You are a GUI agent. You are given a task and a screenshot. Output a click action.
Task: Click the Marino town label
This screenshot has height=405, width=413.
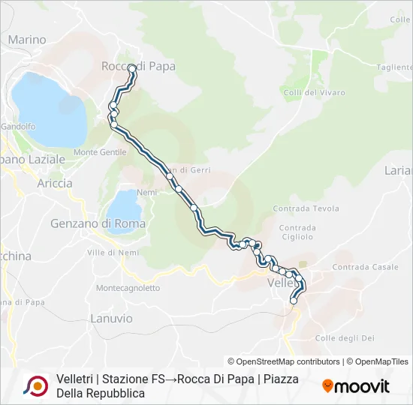pyautogui.click(x=26, y=40)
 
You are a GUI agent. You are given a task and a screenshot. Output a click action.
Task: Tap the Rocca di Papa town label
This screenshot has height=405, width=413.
pyautogui.click(x=138, y=66)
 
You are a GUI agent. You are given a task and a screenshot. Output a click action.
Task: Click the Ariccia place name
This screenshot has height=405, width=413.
pyautogui.click(x=55, y=183)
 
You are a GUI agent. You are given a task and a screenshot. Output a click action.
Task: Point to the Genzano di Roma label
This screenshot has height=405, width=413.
pyautogui.click(x=98, y=223)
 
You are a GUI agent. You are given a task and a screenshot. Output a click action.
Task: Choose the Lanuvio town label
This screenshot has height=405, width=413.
pyautogui.click(x=111, y=319)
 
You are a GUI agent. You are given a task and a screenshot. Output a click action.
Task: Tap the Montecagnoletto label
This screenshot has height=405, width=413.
pyautogui.click(x=128, y=288)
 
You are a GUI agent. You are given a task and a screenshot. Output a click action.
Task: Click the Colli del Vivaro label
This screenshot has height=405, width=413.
pyautogui.click(x=315, y=93)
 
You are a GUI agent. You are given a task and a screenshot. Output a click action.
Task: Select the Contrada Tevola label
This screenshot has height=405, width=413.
pyautogui.click(x=306, y=208)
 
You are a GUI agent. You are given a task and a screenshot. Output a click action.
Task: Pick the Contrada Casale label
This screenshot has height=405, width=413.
pyautogui.click(x=365, y=267)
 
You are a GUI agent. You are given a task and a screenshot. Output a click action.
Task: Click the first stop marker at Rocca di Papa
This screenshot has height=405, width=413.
pyautogui.click(x=132, y=68)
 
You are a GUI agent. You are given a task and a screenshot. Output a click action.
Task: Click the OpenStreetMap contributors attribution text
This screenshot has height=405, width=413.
pyautogui.click(x=283, y=361)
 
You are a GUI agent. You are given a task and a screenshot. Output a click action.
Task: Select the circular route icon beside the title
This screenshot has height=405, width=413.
pyautogui.click(x=35, y=385)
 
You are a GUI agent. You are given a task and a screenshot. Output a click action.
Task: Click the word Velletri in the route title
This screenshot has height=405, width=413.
pyautogui.click(x=74, y=379)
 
